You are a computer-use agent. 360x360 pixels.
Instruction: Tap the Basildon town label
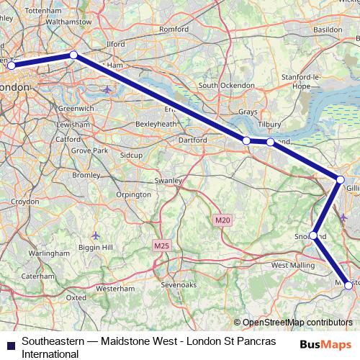point(328,30)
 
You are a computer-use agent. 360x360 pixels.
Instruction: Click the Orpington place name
point(134,194)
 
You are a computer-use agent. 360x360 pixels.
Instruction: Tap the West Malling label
point(293,266)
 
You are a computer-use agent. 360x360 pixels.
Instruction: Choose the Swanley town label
point(168,180)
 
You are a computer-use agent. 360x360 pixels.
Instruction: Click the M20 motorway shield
point(221,219)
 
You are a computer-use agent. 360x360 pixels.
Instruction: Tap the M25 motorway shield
point(162,246)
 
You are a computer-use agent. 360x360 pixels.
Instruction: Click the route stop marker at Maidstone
point(349,285)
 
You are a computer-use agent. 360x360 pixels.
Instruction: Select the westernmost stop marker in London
point(11,66)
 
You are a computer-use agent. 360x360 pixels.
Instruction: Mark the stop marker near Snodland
point(314,235)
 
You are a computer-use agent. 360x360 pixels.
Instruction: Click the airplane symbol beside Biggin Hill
point(96,235)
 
